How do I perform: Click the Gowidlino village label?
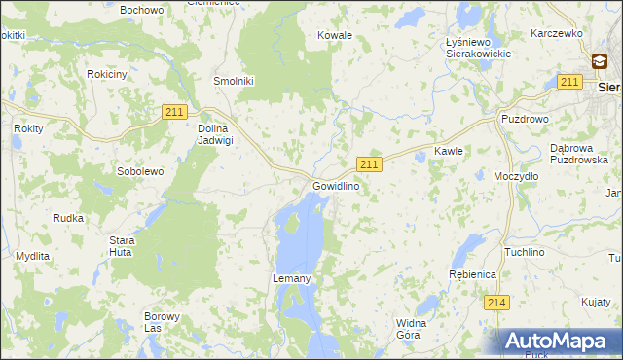(x=336, y=186)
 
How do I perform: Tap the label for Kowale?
(x=335, y=35)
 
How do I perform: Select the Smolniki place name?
(x=234, y=82)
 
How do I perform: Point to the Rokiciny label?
(x=106, y=74)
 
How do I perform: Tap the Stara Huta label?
(x=122, y=245)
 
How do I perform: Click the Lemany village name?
(x=291, y=279)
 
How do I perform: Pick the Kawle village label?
(x=448, y=152)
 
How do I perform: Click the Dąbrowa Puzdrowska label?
(x=578, y=154)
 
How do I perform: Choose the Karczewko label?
(x=556, y=33)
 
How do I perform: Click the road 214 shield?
(x=496, y=303)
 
